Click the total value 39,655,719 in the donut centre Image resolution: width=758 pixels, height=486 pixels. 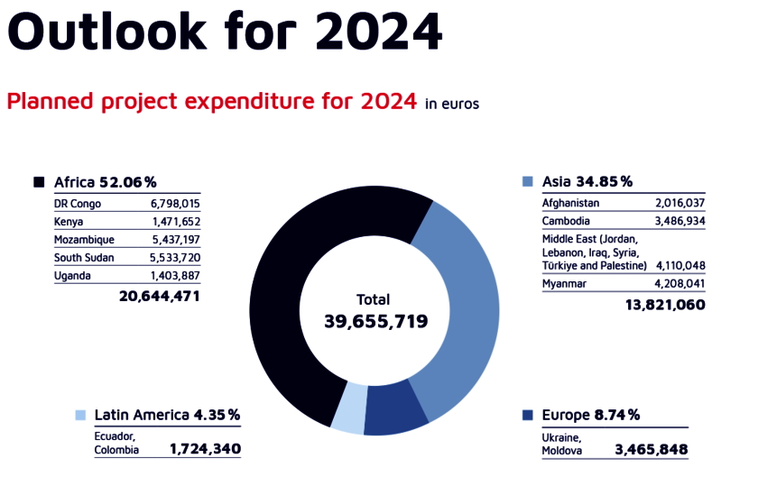pyautogui.click(x=375, y=321)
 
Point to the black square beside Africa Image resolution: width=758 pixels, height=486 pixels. pyautogui.click(x=39, y=182)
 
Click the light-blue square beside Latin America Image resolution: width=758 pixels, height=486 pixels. pyautogui.click(x=80, y=415)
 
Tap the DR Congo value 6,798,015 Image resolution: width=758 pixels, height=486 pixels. pyautogui.click(x=175, y=204)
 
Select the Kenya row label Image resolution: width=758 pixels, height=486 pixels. pyautogui.click(x=69, y=221)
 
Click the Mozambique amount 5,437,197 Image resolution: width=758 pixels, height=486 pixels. pyautogui.click(x=175, y=239)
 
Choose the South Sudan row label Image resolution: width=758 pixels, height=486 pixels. pyautogui.click(x=84, y=257)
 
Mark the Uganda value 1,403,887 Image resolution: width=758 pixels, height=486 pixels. pyautogui.click(x=175, y=275)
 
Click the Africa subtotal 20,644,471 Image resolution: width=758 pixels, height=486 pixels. pyautogui.click(x=160, y=296)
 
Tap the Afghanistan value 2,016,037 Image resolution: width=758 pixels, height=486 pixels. pyautogui.click(x=674, y=204)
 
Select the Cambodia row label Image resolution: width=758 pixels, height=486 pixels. pyautogui.click(x=566, y=221)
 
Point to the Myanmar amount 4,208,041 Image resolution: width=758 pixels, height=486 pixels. pyautogui.click(x=674, y=285)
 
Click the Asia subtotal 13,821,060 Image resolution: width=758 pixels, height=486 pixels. pyautogui.click(x=665, y=306)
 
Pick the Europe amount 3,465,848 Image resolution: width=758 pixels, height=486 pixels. pyautogui.click(x=651, y=449)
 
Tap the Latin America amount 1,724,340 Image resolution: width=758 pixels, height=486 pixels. pyautogui.click(x=205, y=448)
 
